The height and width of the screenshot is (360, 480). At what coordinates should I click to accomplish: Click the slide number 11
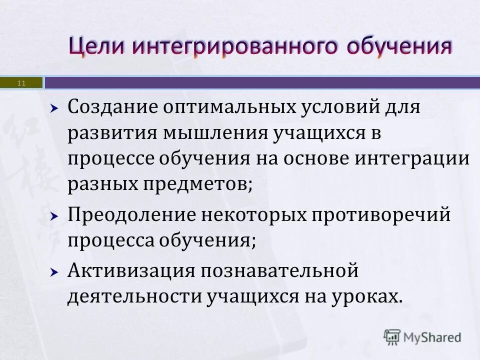click(x=21, y=82)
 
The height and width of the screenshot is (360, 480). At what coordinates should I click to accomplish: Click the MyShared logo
click(x=422, y=336)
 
